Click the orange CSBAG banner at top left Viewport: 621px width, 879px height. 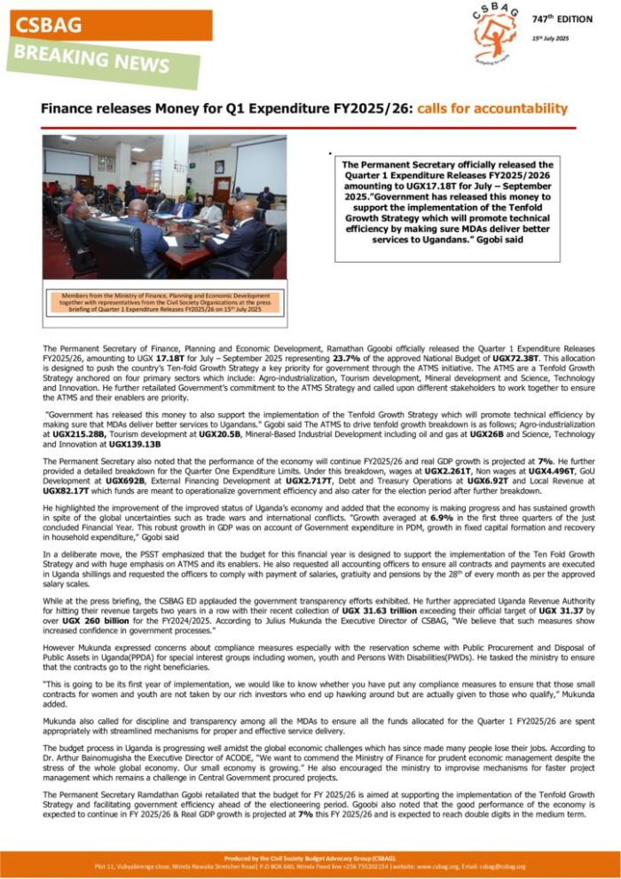point(106,24)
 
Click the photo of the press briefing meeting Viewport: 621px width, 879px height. point(164,206)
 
